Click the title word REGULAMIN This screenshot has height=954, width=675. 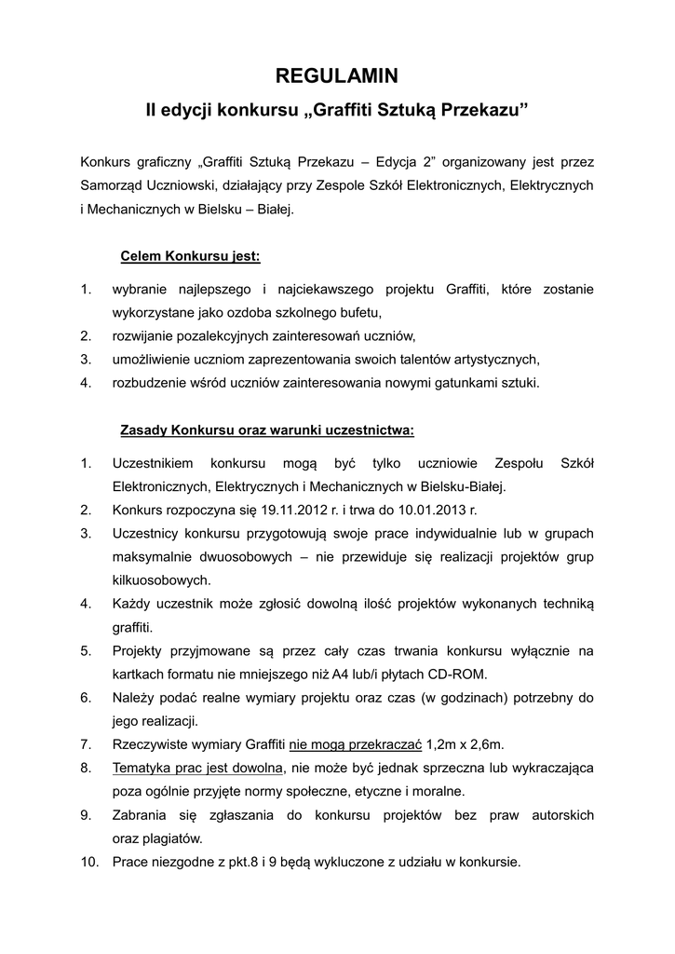(338, 77)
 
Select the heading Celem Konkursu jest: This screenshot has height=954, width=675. (190, 255)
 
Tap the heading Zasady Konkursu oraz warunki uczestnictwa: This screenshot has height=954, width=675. (267, 430)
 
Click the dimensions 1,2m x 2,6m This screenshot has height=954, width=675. (465, 743)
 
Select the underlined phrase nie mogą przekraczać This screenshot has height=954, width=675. (357, 743)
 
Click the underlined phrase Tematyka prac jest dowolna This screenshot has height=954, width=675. (197, 767)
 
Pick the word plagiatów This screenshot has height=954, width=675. (169, 838)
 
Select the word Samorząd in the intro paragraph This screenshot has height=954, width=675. (112, 185)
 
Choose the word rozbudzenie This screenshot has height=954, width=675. (149, 382)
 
